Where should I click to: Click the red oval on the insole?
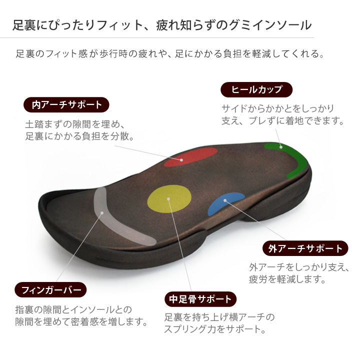tap(190, 157)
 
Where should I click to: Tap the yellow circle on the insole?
tap(169, 199)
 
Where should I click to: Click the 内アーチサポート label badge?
tap(66, 104)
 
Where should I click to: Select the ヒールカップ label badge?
tap(256, 89)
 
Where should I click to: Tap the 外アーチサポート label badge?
tap(305, 248)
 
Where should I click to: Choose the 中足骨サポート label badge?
tap(200, 299)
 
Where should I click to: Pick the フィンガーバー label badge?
tap(50, 289)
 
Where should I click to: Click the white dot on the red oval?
tap(181, 160)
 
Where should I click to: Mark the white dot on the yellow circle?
tap(168, 199)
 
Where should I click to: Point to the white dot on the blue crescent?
tap(225, 200)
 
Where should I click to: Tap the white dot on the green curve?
tap(281, 147)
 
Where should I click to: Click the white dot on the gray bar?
tap(102, 213)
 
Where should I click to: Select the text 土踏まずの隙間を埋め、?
tap(75, 124)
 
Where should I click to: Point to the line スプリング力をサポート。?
tap(215, 329)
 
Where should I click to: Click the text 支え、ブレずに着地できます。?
tap(282, 120)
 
